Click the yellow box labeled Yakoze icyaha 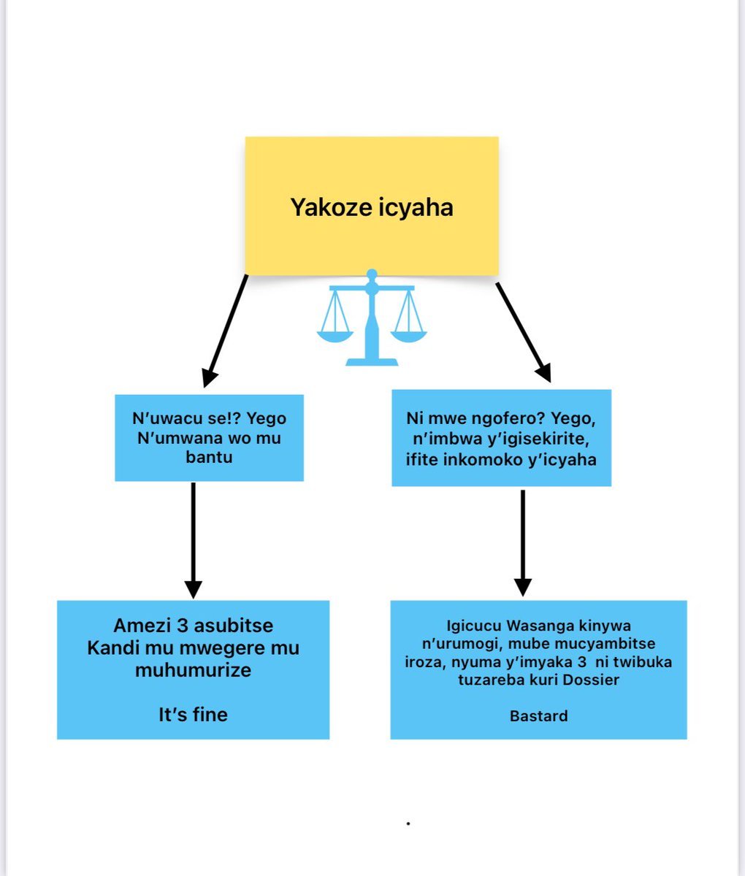click(371, 206)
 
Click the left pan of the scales click(335, 336)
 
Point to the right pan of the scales click(408, 336)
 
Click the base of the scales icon click(372, 361)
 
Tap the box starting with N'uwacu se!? click(209, 438)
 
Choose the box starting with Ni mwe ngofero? click(501, 438)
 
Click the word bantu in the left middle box click(209, 458)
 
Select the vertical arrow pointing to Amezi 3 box click(193, 540)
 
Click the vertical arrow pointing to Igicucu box click(522, 543)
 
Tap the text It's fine click(193, 714)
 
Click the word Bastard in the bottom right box click(538, 715)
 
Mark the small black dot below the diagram click(408, 823)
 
